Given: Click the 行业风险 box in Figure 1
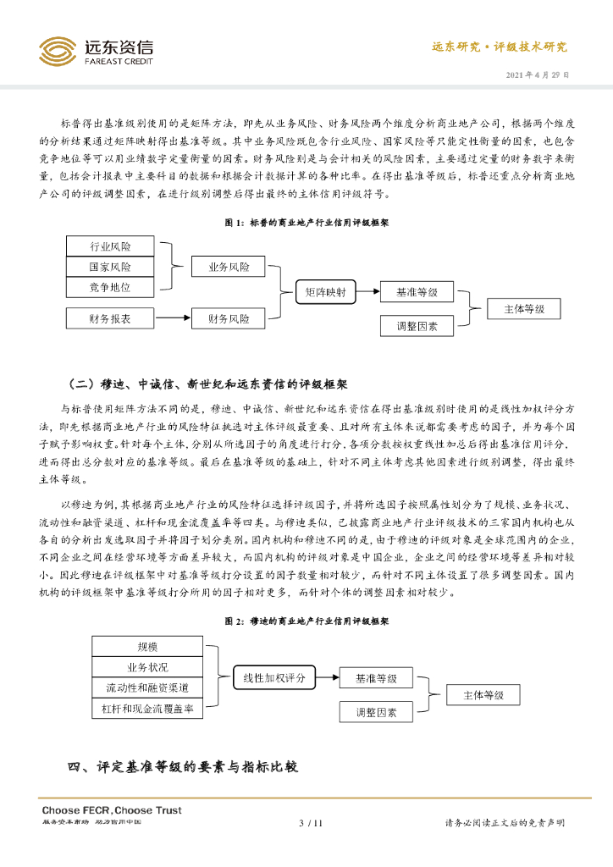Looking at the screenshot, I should click(110, 246).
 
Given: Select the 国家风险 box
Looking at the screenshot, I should click(110, 267).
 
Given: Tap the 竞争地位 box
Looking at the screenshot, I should click(110, 287).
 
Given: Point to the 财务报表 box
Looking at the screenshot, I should click(110, 319).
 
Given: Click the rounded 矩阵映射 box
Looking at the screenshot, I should click(325, 293).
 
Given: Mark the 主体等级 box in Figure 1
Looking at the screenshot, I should click(524, 309).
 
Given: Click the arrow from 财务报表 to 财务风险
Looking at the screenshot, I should click(173, 319).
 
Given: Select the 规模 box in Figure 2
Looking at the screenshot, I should click(147, 647).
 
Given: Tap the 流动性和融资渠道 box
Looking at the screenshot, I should click(147, 688).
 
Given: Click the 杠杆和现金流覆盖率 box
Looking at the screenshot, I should click(147, 708).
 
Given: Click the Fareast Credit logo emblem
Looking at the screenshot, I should click(58, 52).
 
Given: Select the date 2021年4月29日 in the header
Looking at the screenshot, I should click(538, 75).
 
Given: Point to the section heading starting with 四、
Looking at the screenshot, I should click(183, 768).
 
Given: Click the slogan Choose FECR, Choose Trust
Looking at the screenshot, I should click(112, 810).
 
